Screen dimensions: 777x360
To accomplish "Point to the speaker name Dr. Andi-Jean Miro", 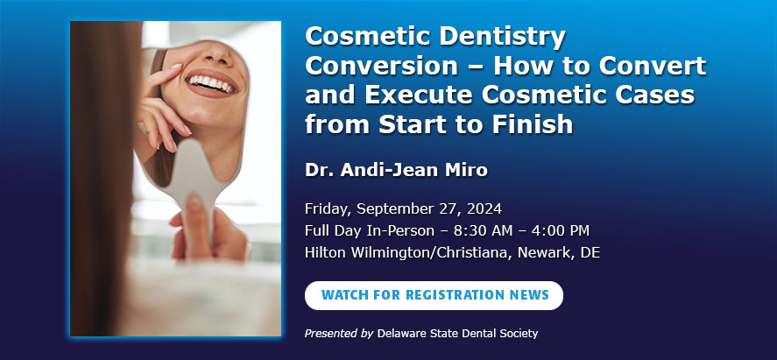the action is tap(397, 170).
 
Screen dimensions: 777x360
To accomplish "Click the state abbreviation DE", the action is tap(590, 252).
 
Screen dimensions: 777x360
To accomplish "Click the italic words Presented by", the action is tap(339, 334).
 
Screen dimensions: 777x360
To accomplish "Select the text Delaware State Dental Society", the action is tap(457, 333).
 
